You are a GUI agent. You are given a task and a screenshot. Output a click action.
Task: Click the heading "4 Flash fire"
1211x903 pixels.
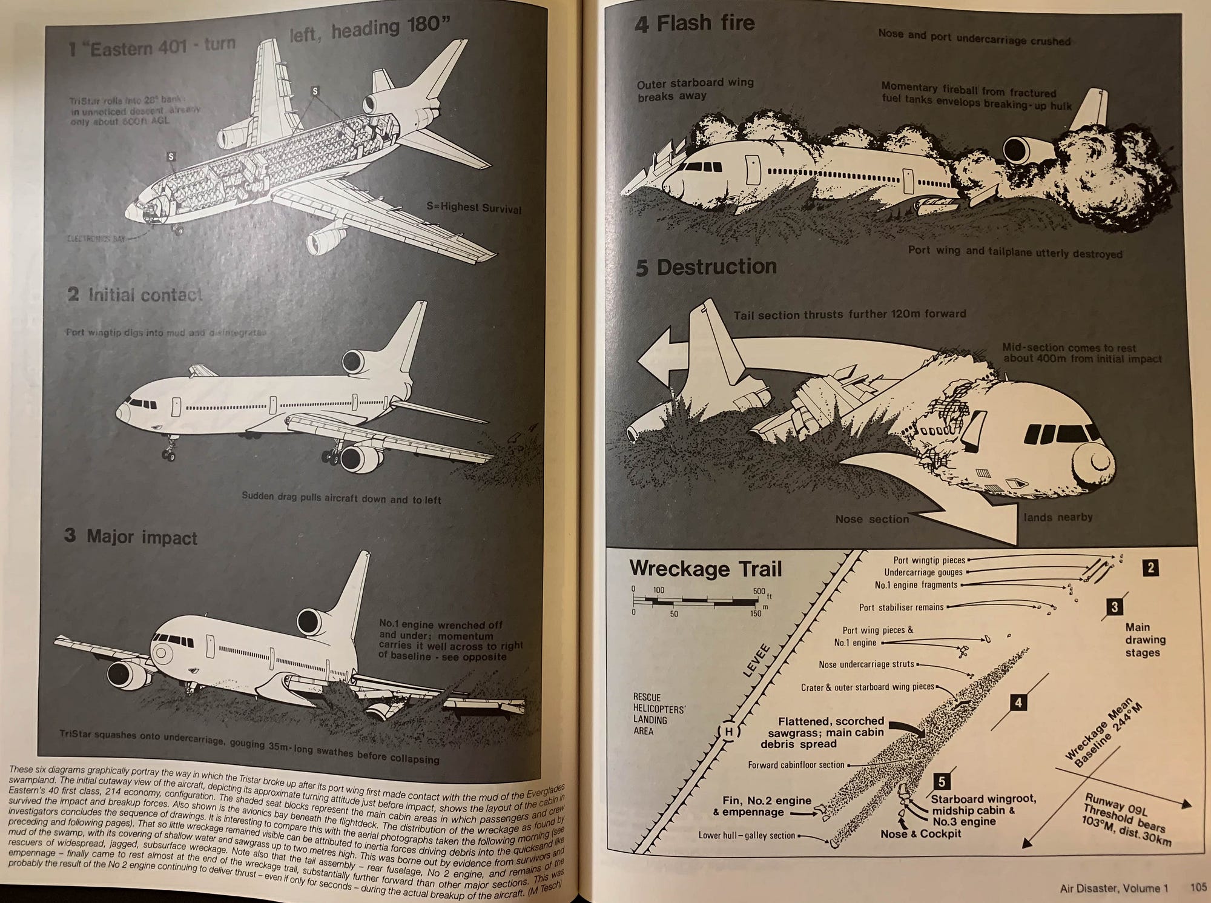694,24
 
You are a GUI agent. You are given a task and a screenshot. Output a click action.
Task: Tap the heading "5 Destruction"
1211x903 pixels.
706,267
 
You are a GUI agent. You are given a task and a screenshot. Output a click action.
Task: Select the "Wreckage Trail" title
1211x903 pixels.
705,569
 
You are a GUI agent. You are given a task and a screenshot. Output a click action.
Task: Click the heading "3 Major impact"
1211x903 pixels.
131,537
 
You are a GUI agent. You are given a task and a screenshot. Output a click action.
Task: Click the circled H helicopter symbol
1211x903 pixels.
729,732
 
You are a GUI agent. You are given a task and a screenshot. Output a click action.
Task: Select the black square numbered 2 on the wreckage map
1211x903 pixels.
1150,567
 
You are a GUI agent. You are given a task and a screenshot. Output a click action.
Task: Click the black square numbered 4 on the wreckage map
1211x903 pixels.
1018,703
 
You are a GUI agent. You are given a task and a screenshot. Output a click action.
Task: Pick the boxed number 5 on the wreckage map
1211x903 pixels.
942,782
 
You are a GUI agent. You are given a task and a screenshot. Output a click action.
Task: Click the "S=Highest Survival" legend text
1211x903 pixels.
474,208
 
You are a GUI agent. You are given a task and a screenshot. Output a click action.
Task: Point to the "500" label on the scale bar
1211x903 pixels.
759,591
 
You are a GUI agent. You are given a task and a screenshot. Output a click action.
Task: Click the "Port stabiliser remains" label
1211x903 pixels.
901,607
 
